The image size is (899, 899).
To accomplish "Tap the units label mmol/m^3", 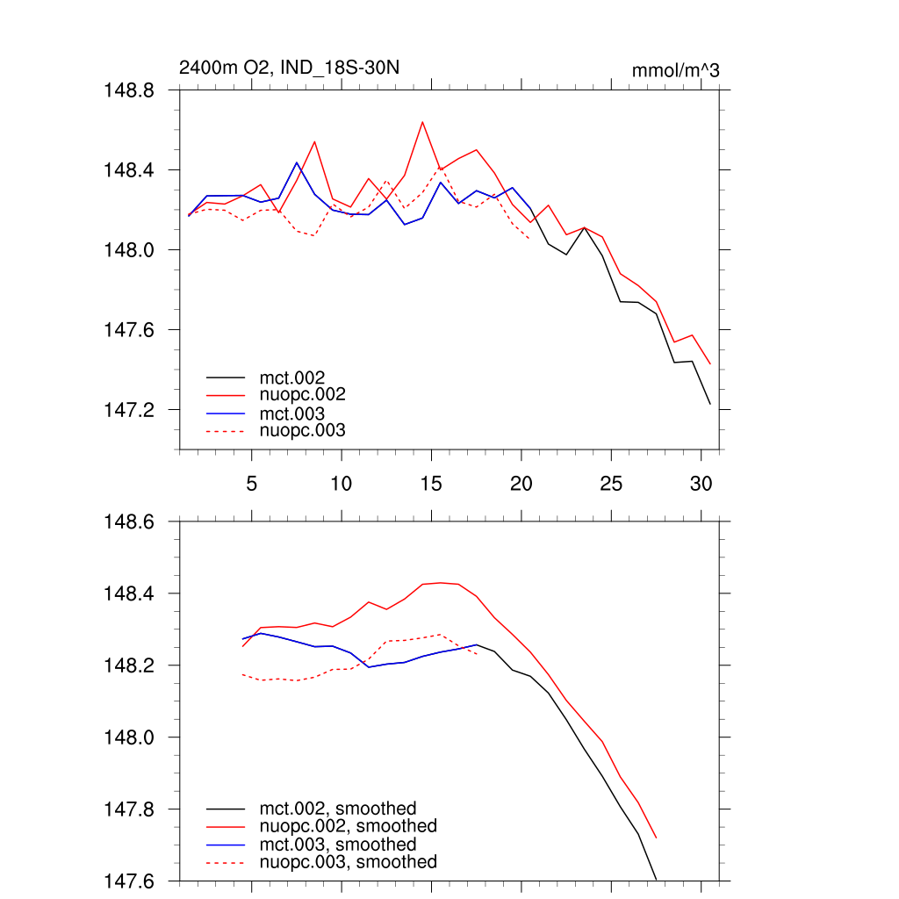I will (x=675, y=70).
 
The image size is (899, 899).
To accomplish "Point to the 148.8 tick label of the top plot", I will (x=131, y=90).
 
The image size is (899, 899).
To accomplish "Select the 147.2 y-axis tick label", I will (x=131, y=410).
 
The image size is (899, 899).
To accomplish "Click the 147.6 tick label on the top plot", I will (x=131, y=330).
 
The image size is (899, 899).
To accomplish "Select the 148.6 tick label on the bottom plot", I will (x=131, y=521).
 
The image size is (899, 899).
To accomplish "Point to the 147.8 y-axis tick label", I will (x=131, y=809).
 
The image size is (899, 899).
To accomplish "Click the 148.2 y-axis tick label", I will (x=131, y=665).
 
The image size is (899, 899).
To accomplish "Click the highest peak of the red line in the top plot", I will (x=422, y=122).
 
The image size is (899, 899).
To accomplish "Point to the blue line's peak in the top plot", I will (x=297, y=162).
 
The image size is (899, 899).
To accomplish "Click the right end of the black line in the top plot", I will (x=709, y=404).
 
